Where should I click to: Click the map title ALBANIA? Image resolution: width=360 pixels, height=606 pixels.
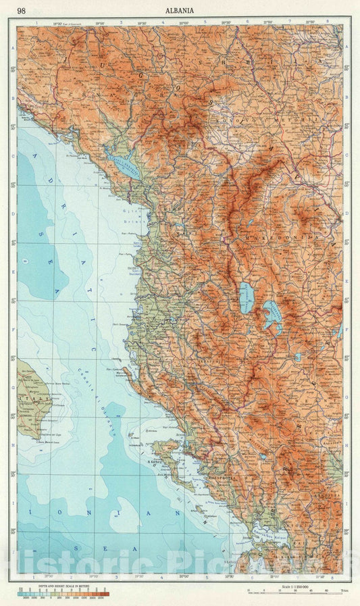(179, 10)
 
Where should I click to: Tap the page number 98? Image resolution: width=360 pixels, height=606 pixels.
(22, 10)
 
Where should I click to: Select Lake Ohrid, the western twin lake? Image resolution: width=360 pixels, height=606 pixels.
(247, 297)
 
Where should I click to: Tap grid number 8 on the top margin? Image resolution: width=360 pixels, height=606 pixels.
(327, 22)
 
